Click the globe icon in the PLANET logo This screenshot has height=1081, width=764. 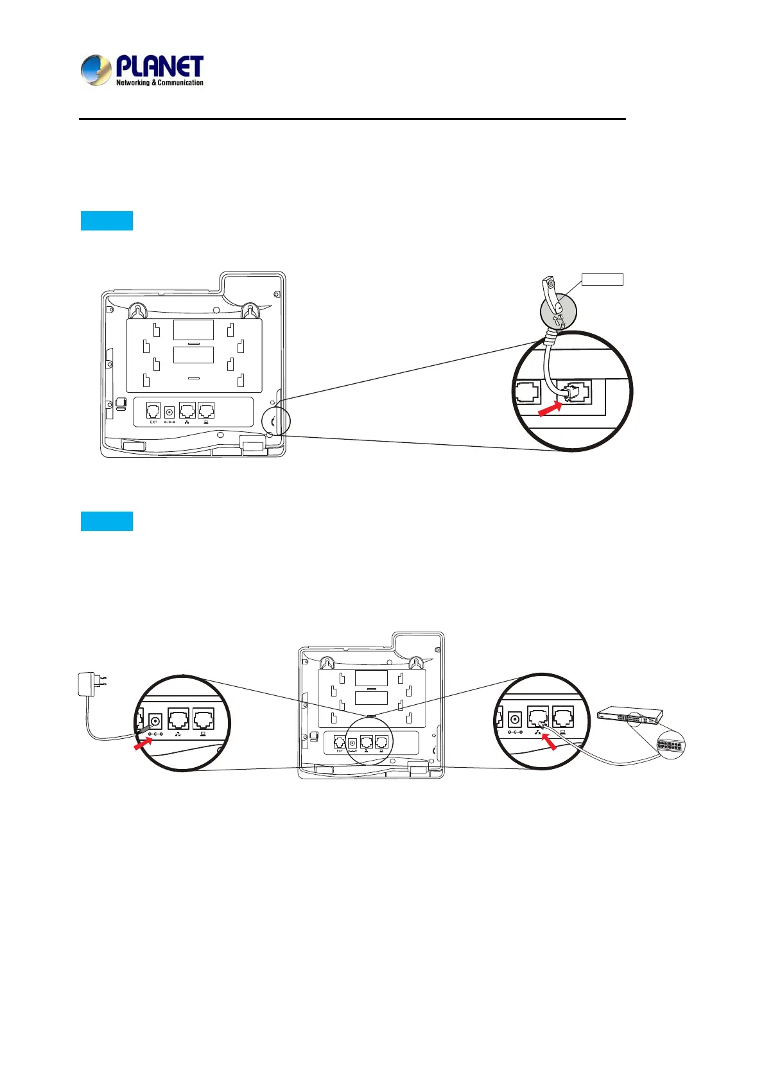[96, 70]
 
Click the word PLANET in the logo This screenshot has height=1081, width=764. [160, 67]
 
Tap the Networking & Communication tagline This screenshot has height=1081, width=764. [160, 83]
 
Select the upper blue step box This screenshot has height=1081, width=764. [107, 220]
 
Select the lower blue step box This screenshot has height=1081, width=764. [107, 521]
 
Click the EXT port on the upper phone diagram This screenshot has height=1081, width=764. [153, 410]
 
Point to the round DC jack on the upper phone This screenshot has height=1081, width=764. [170, 411]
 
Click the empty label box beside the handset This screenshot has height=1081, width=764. [602, 279]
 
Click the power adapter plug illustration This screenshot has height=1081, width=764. [88, 684]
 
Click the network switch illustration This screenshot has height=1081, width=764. [630, 714]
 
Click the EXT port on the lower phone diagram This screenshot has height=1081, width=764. [340, 743]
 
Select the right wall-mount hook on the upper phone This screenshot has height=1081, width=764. [248, 311]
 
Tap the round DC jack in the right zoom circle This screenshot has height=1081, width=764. [514, 720]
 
